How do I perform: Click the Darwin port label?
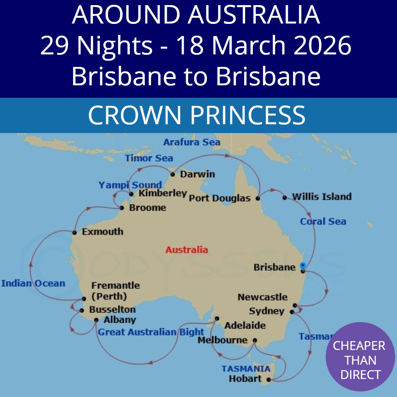tap(197, 174)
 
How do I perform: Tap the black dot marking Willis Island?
tap(285, 198)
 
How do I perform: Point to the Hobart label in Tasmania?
tap(245, 379)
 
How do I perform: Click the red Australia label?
tap(186, 250)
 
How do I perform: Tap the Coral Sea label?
tap(323, 221)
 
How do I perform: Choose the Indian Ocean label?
tap(33, 283)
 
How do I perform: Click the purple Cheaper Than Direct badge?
tap(360, 357)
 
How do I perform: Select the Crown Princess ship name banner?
tap(197, 115)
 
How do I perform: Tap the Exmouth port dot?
tap(74, 232)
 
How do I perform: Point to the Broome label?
tap(147, 208)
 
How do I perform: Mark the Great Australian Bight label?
tap(151, 332)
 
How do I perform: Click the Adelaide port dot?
tap(217, 318)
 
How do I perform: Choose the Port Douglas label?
tap(219, 198)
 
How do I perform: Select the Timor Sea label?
tap(149, 158)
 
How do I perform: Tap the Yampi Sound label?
tap(130, 185)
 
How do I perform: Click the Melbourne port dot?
tap(255, 340)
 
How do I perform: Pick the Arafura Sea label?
tap(192, 142)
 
